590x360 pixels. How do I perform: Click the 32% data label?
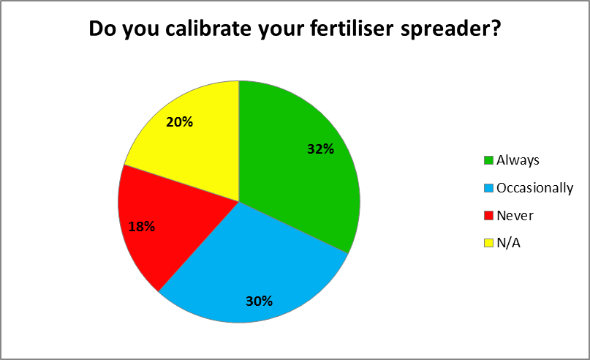[320, 149]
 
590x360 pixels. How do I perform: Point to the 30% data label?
[260, 301]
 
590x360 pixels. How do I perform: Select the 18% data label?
[142, 226]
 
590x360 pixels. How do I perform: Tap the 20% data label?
[179, 122]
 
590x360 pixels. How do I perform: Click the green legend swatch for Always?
[488, 160]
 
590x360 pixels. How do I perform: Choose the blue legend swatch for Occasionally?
[488, 188]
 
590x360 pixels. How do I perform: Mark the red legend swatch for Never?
[488, 216]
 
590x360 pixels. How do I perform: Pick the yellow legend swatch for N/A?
[488, 243]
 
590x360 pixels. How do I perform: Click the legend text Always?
[518, 160]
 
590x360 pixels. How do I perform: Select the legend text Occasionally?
[534, 188]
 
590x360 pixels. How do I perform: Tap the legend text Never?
[515, 216]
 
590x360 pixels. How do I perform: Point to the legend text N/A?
[508, 243]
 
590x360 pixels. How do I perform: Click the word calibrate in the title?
[208, 29]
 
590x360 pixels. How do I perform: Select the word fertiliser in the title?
[352, 29]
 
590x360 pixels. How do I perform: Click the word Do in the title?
[102, 29]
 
